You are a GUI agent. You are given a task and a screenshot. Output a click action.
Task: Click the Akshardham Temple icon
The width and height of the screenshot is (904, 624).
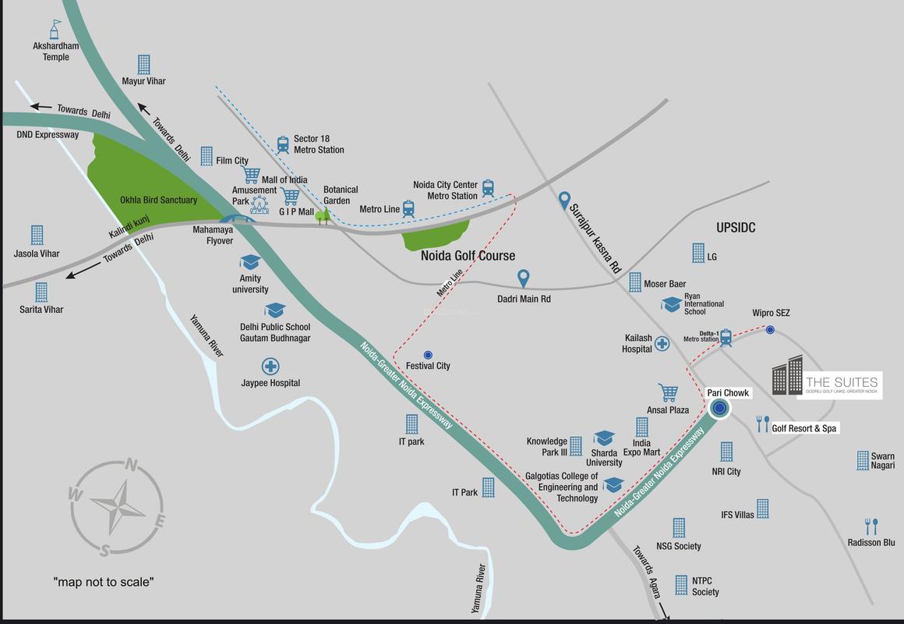(55, 30)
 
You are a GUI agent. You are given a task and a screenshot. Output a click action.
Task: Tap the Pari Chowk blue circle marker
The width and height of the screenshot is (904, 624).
(719, 408)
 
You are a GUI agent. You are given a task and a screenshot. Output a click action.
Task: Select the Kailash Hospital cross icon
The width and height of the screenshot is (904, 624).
(662, 343)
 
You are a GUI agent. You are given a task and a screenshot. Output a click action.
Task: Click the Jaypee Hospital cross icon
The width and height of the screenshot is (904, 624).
(270, 366)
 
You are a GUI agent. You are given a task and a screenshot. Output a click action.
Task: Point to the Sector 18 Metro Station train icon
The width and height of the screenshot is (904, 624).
(281, 144)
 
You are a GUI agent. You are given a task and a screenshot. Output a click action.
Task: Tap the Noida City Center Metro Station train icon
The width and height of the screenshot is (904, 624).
(488, 188)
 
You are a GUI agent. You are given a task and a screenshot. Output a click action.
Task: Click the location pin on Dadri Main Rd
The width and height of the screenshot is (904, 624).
(524, 278)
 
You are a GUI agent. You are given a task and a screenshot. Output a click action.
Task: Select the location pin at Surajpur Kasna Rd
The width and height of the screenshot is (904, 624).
(565, 201)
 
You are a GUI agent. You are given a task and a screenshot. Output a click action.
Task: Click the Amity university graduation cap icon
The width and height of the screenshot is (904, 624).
(250, 262)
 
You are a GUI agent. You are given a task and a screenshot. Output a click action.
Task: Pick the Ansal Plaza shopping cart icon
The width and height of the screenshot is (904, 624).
(668, 392)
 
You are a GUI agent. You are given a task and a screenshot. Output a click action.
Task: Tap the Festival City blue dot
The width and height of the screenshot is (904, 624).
(428, 355)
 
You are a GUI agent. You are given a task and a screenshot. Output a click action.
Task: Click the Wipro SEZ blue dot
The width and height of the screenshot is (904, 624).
(770, 330)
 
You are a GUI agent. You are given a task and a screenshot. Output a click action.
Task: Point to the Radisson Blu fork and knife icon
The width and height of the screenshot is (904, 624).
(871, 526)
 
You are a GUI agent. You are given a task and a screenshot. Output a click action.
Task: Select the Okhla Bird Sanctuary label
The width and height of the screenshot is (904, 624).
(158, 200)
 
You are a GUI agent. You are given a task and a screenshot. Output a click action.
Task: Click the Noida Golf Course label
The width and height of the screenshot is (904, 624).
(468, 256)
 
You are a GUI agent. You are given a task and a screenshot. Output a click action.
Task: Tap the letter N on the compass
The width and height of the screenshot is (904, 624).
(132, 466)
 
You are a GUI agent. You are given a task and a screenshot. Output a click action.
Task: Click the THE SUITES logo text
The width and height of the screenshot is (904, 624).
(842, 382)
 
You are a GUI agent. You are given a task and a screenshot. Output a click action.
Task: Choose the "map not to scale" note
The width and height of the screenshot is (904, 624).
(103, 582)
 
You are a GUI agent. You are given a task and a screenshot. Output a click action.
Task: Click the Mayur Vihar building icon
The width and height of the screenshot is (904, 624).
(143, 64)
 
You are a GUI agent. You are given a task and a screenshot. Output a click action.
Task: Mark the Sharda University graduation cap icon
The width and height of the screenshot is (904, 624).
(604, 438)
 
